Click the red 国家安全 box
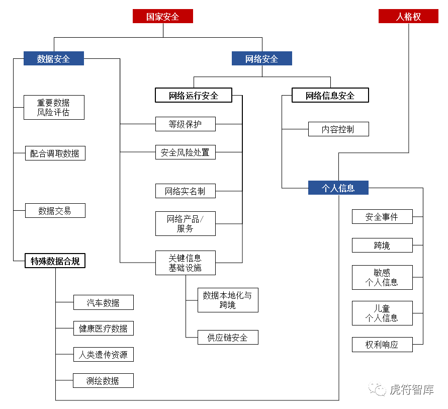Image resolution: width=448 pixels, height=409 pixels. click(162, 17)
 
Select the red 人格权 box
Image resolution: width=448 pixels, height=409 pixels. click(408, 17)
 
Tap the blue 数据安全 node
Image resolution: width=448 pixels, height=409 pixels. click(53, 59)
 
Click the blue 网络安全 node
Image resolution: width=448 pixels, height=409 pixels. click(261, 59)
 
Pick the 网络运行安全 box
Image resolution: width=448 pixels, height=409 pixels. click(194, 95)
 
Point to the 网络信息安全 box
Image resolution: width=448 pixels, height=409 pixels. click(330, 95)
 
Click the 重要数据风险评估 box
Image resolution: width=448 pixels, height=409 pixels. click(54, 107)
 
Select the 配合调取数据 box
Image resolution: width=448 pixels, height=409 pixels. click(55, 153)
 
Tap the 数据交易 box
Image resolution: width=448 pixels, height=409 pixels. click(55, 211)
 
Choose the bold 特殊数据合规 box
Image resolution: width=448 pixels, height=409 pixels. click(55, 261)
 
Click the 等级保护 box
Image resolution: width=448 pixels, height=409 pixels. click(185, 124)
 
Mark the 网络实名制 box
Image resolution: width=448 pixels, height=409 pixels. click(185, 191)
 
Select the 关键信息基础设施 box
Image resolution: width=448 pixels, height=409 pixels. click(185, 263)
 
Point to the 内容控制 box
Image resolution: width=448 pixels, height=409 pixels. click(338, 129)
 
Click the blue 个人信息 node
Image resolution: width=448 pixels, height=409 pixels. click(338, 188)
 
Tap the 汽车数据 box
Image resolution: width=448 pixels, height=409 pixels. click(103, 302)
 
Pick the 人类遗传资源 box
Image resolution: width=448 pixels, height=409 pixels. click(103, 355)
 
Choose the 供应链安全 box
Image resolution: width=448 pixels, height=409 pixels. click(227, 338)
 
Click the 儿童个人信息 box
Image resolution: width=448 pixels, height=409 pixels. click(382, 313)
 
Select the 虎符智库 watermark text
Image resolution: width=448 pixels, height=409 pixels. click(411, 390)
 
